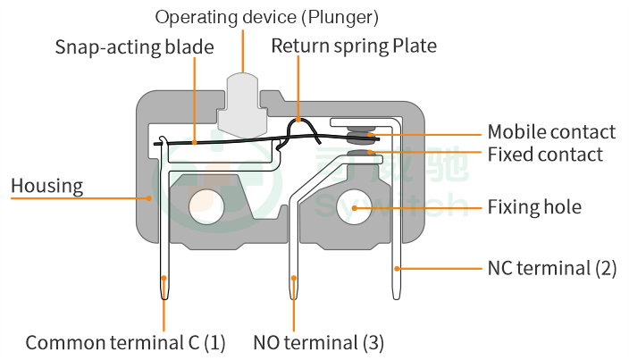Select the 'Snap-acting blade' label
[x=134, y=46]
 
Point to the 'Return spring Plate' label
[x=354, y=46]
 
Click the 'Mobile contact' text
[x=550, y=132]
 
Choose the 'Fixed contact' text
[x=544, y=155]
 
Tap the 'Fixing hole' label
[x=533, y=207]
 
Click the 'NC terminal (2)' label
[x=551, y=268]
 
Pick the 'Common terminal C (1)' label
[x=125, y=342]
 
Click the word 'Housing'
[x=46, y=186]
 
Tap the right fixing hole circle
[x=354, y=207]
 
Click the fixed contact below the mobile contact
[x=361, y=155]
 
